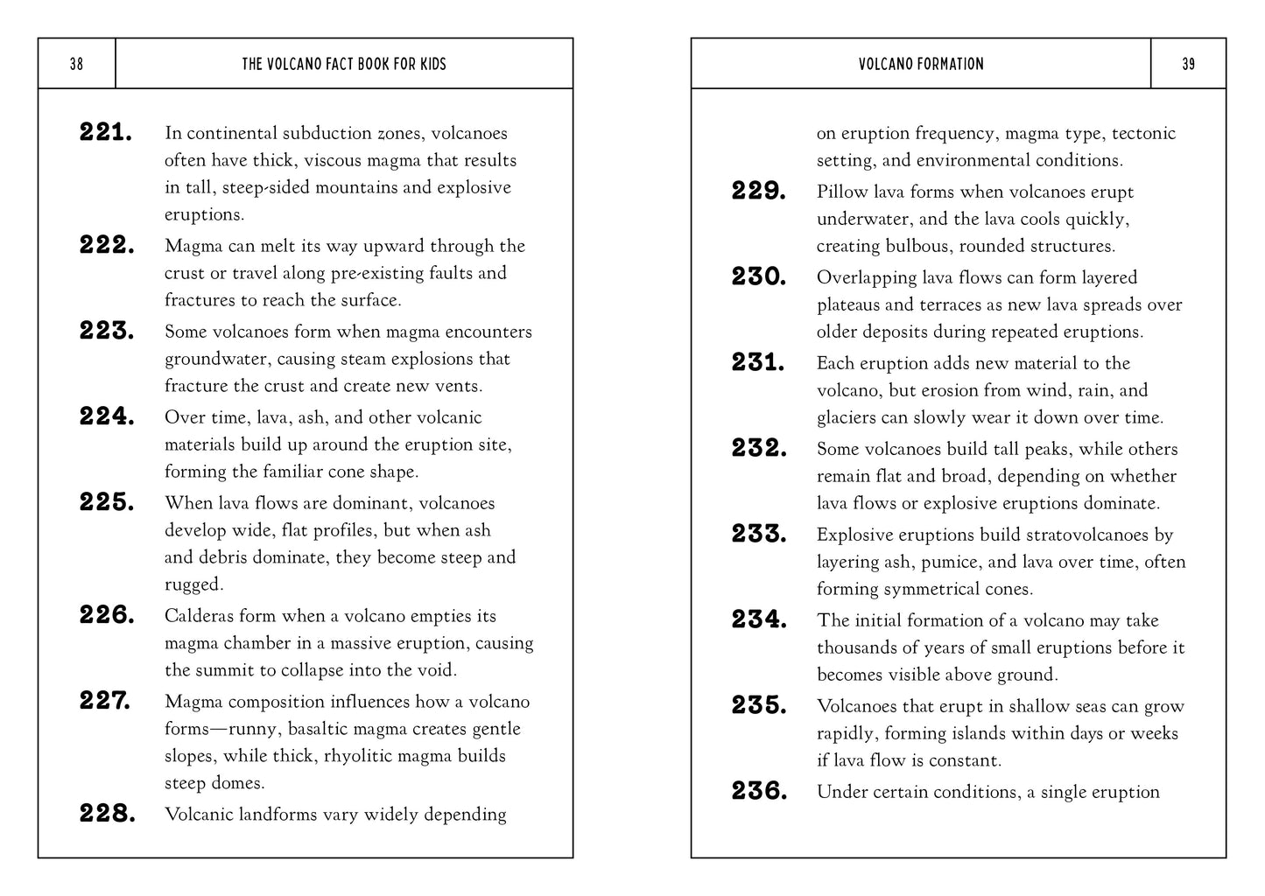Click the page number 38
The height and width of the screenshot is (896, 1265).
pyautogui.click(x=76, y=64)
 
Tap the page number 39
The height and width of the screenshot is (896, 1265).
pyautogui.click(x=1188, y=64)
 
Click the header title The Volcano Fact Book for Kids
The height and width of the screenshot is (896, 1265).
pyautogui.click(x=343, y=64)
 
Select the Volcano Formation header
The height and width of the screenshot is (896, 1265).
pyautogui.click(x=921, y=64)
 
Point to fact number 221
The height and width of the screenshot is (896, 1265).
pyautogui.click(x=106, y=133)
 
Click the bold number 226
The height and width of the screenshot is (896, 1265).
pyautogui.click(x=107, y=615)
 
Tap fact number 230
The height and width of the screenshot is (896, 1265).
pyautogui.click(x=759, y=277)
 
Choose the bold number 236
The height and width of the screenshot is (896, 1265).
pyautogui.click(x=759, y=792)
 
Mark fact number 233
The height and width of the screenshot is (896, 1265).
pyautogui.click(x=759, y=535)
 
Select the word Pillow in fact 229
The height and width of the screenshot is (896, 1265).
pyautogui.click(x=841, y=192)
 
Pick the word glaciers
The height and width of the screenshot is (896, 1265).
pyautogui.click(x=848, y=418)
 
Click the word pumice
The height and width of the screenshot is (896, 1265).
pyautogui.click(x=952, y=563)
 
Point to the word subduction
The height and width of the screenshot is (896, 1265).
pyautogui.click(x=328, y=133)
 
